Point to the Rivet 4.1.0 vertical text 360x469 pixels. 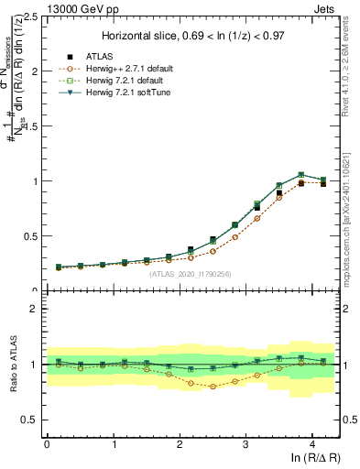pyautogui.click(x=349, y=60)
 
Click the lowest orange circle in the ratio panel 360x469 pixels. pyautogui.click(x=213, y=386)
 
